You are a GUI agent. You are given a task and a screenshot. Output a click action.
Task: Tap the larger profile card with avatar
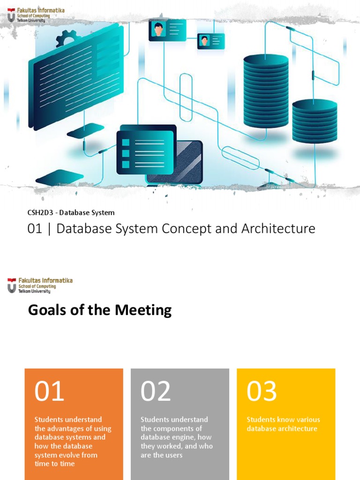(167, 30)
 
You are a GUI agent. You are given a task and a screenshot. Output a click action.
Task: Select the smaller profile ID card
(210, 41)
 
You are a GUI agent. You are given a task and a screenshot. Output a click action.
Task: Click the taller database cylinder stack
(266, 91)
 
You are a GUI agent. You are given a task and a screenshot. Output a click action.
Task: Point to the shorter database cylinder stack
(315, 121)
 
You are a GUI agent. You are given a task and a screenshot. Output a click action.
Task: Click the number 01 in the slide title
(35, 229)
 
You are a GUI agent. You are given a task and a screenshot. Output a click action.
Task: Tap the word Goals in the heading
(48, 310)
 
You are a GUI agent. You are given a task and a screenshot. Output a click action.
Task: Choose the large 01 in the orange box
(49, 391)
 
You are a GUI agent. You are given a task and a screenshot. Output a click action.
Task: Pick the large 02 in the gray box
(156, 391)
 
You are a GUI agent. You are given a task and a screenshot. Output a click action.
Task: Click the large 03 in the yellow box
(262, 391)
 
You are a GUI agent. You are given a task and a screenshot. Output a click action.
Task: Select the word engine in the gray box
(188, 437)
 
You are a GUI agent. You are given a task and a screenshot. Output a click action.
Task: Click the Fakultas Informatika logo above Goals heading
(40, 285)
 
